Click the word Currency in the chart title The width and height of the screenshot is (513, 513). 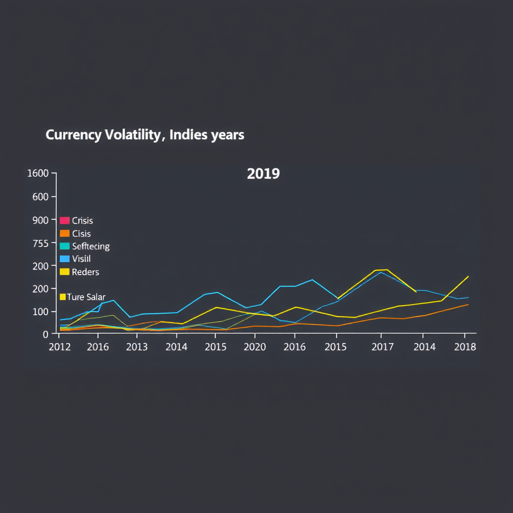[x=74, y=135]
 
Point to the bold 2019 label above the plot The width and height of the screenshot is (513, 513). [x=264, y=174]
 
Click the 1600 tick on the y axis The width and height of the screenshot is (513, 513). [x=38, y=173]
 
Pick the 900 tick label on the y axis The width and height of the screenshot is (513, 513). [x=40, y=219]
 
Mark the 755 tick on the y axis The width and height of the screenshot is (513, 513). [x=40, y=243]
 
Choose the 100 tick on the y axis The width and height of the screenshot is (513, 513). [x=41, y=311]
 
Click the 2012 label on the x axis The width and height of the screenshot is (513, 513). [x=59, y=347]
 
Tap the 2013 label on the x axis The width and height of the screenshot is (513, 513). [x=136, y=347]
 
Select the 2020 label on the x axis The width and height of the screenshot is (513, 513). [x=254, y=347]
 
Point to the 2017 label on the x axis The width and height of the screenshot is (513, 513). [x=382, y=347]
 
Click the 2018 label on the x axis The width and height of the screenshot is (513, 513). [x=465, y=347]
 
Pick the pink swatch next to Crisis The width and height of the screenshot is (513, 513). [x=64, y=220]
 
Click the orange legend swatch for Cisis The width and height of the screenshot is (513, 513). [x=64, y=233]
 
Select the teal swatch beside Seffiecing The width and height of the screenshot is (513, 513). [x=64, y=246]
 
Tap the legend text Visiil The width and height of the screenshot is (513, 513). [x=82, y=259]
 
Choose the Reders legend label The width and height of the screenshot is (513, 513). [x=86, y=272]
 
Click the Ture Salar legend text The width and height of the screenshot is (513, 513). [x=86, y=297]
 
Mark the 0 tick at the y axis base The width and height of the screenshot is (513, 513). [x=46, y=334]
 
